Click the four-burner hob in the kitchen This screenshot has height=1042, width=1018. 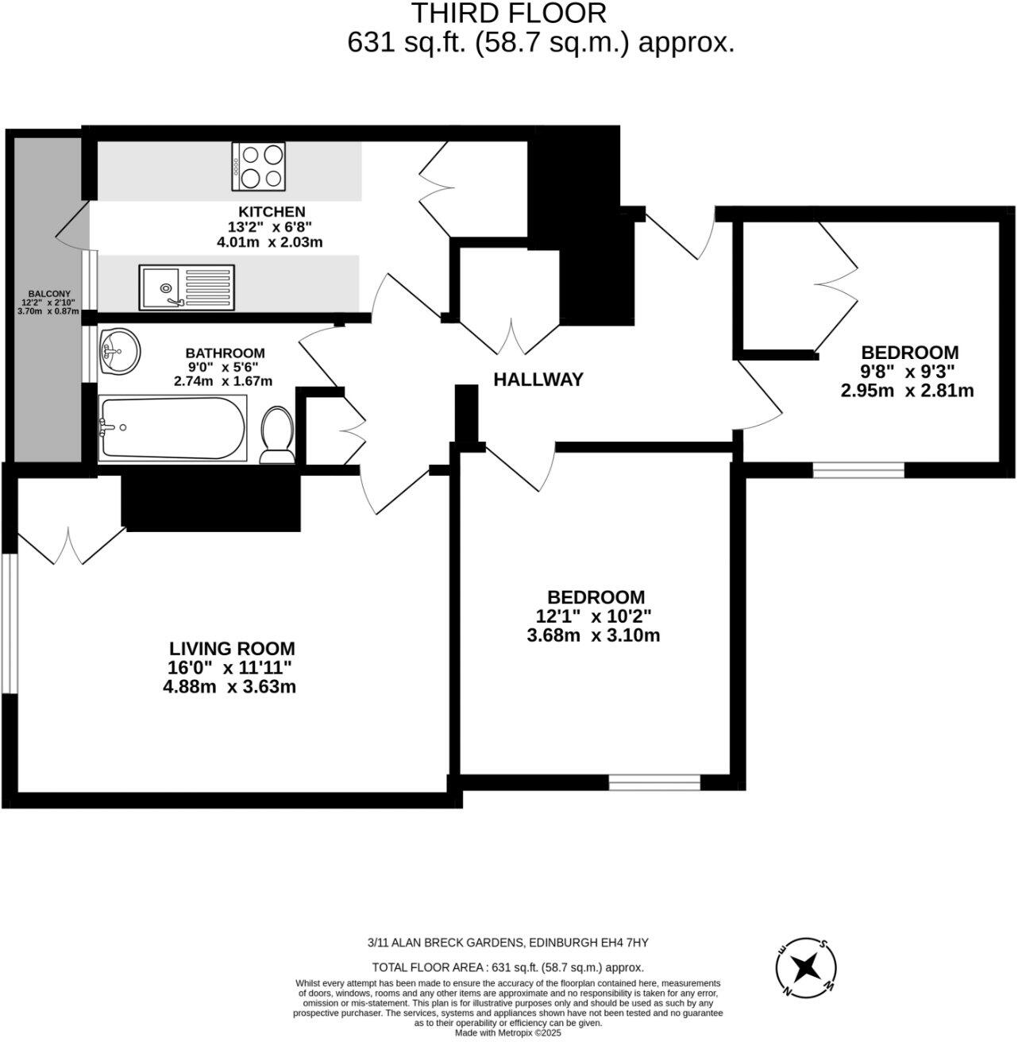(x=260, y=166)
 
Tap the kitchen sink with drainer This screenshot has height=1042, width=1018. (x=187, y=288)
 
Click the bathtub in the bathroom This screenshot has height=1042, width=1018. (x=173, y=427)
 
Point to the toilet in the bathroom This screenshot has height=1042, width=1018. (x=276, y=434)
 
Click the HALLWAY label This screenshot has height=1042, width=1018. (x=538, y=380)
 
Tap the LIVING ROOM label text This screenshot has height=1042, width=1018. (x=232, y=648)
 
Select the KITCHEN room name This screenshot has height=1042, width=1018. (x=272, y=211)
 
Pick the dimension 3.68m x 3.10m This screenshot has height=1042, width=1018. (x=593, y=635)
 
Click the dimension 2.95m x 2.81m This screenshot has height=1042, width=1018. (x=907, y=391)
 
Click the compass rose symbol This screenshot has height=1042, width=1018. (x=807, y=967)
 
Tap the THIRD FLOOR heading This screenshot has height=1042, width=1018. (x=508, y=13)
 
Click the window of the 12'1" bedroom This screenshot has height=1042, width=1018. (x=654, y=783)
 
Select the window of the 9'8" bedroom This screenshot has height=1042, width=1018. (x=858, y=470)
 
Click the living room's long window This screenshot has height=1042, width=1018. (x=9, y=623)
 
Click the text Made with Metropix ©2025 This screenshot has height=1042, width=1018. (x=508, y=1033)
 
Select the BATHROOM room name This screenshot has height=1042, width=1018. (x=225, y=353)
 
